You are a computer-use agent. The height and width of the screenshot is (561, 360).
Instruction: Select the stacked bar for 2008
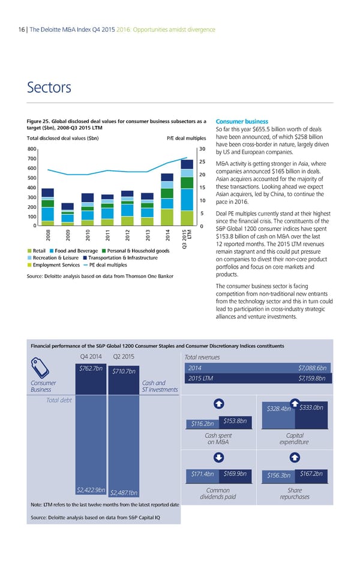(47, 207)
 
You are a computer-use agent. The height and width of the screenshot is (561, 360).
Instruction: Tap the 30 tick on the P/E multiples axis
(203, 149)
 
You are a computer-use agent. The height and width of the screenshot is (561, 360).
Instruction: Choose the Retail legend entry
(36, 250)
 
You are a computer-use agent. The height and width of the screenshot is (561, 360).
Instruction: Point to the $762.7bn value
(91, 368)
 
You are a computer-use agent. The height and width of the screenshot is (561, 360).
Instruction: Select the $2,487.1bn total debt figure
(124, 494)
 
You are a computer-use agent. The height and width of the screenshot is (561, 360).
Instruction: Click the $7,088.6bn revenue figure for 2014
(311, 368)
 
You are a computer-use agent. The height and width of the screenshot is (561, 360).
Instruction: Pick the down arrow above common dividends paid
(219, 457)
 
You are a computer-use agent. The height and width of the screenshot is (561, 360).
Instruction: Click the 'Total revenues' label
(203, 358)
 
